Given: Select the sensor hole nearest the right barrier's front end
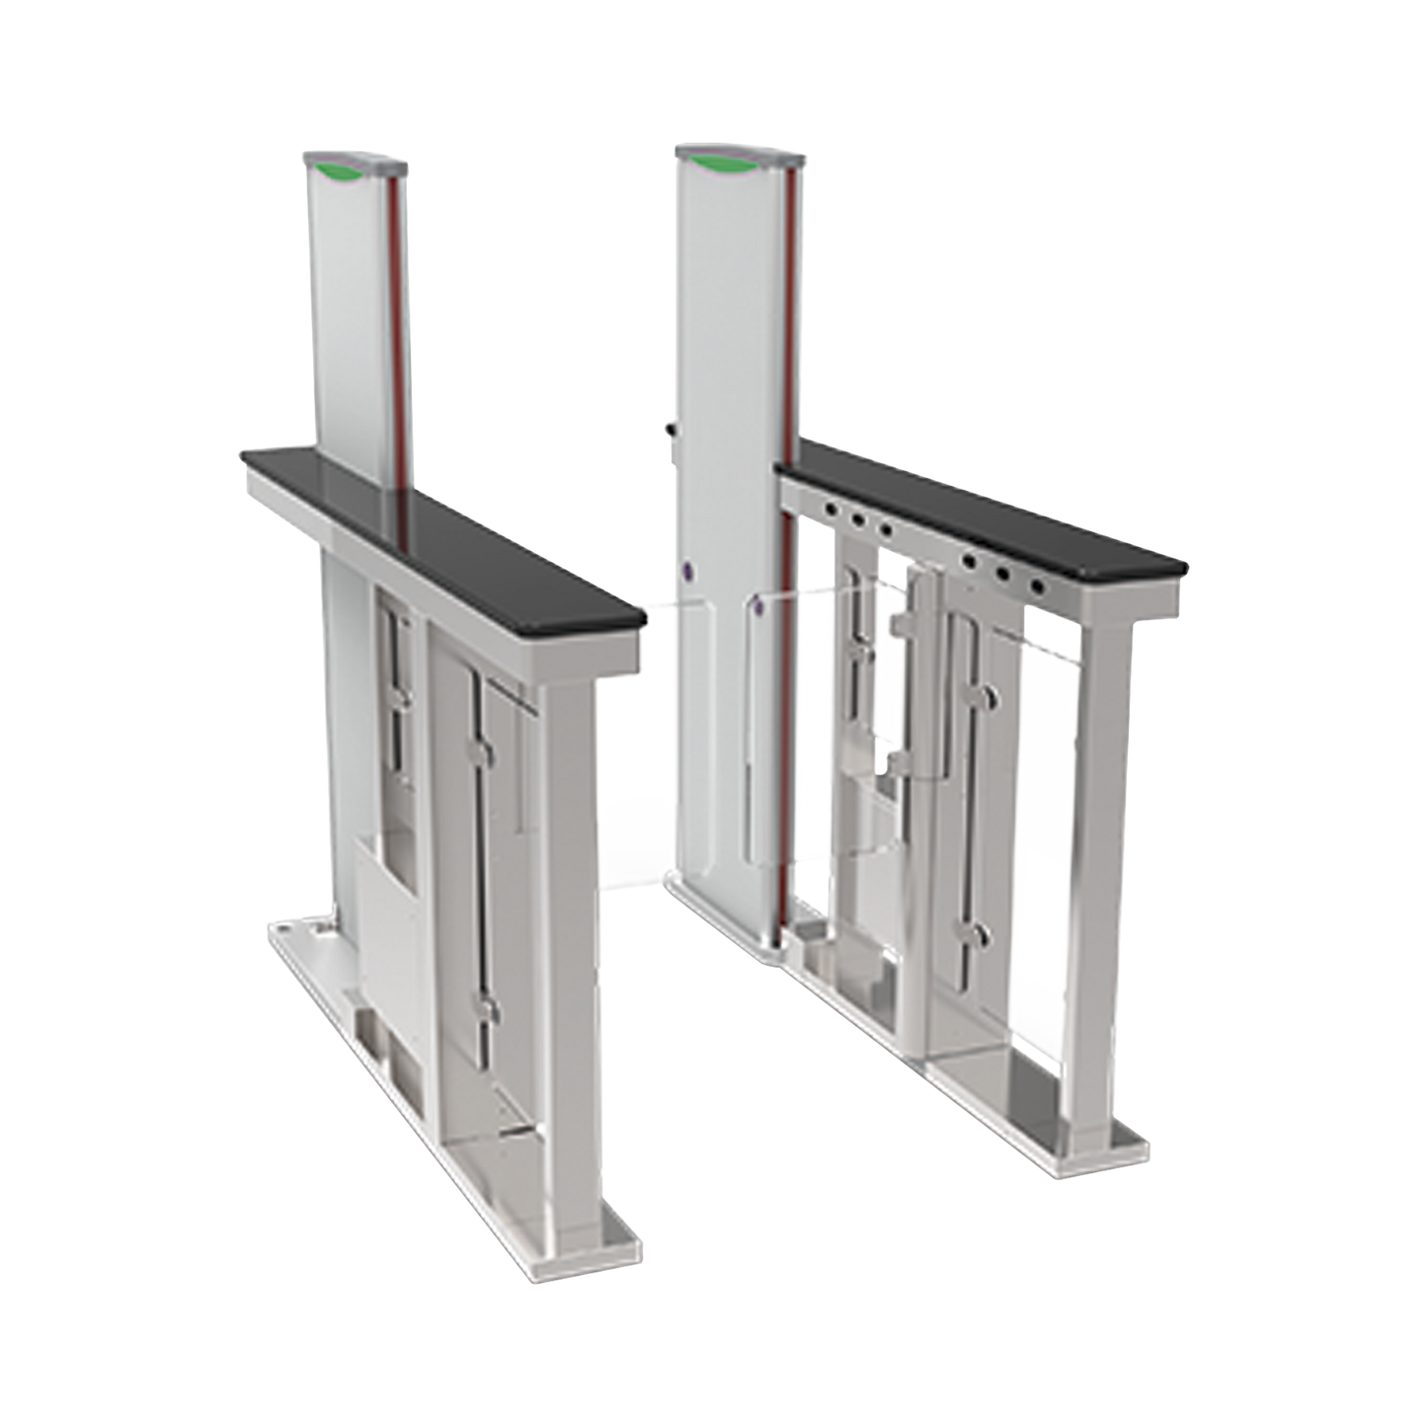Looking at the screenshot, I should [1037, 587].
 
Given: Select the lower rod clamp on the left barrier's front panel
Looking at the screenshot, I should [486, 1007].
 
